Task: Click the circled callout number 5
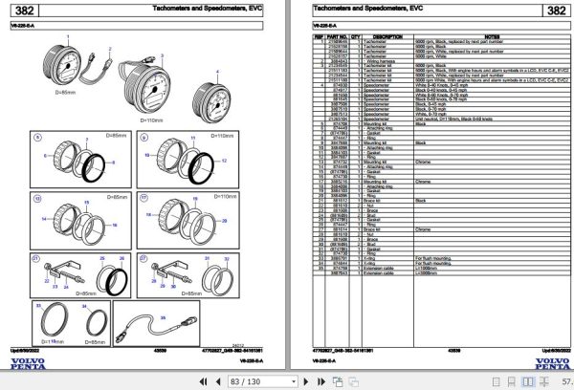click(x=39, y=141)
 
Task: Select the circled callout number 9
click(x=144, y=141)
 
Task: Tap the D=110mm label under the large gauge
click(x=154, y=120)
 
